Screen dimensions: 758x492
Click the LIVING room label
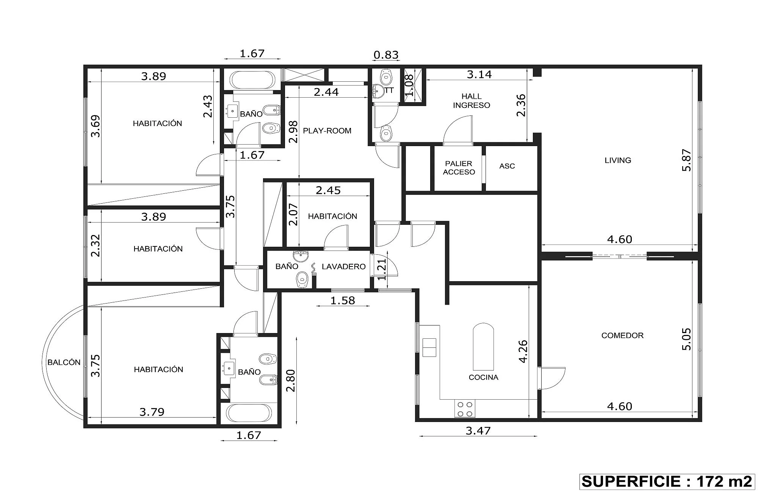pos(618,160)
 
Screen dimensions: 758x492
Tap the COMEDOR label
pos(622,335)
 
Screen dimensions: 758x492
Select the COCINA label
pos(484,377)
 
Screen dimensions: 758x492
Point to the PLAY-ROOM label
pos(327,131)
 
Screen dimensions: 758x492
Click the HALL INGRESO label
pos(471,101)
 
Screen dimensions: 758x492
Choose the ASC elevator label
pos(507,166)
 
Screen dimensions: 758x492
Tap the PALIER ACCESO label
pos(459,168)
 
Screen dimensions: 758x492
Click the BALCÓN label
pos(64,362)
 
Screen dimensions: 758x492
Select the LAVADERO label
pos(344,266)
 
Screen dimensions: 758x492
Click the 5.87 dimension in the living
pos(686,160)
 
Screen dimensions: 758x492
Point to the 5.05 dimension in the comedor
pos(686,339)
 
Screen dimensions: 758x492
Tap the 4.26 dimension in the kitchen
pos(523,352)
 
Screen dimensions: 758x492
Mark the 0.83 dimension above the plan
pos(386,55)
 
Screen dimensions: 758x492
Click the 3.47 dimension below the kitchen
pos(478,431)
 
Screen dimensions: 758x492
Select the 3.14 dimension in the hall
pos(479,74)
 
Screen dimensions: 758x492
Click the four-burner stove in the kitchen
pos(465,409)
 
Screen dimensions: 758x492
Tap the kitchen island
pos(483,347)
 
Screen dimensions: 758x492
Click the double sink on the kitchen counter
pos(429,347)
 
